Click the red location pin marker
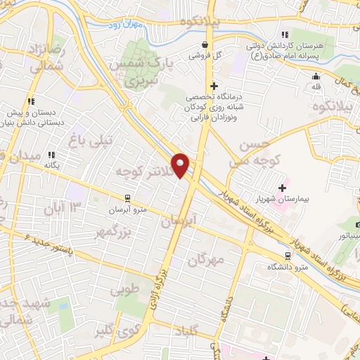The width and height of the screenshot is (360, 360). tap(181, 166)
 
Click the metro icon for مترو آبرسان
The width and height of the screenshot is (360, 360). tap(127, 198)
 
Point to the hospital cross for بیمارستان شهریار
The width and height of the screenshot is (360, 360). tap(283, 188)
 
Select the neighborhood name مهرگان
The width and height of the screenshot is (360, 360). tap(206, 259)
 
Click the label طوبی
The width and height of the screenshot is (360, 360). tap(127, 288)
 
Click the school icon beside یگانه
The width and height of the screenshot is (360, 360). tap(50, 155)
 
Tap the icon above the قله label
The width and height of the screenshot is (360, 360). tap(316, 77)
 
